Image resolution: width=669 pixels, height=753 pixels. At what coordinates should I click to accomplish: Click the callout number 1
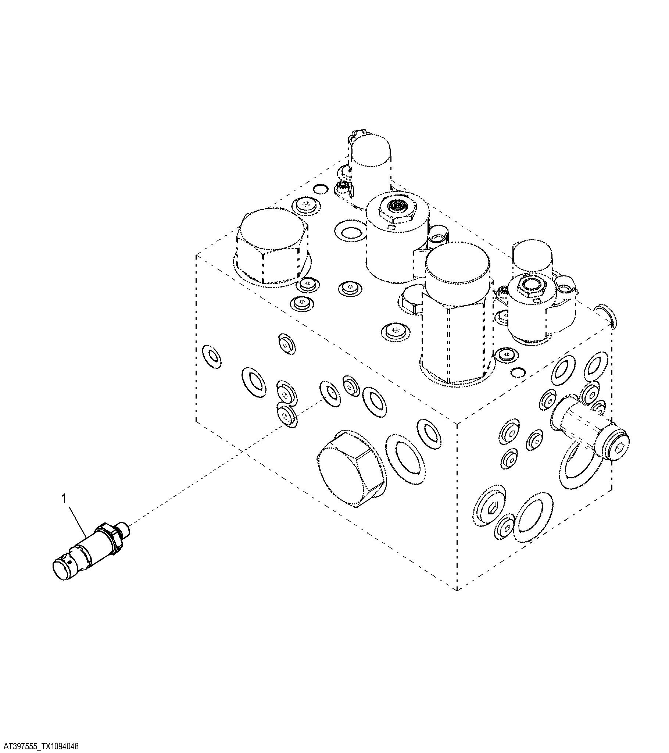click(63, 499)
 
